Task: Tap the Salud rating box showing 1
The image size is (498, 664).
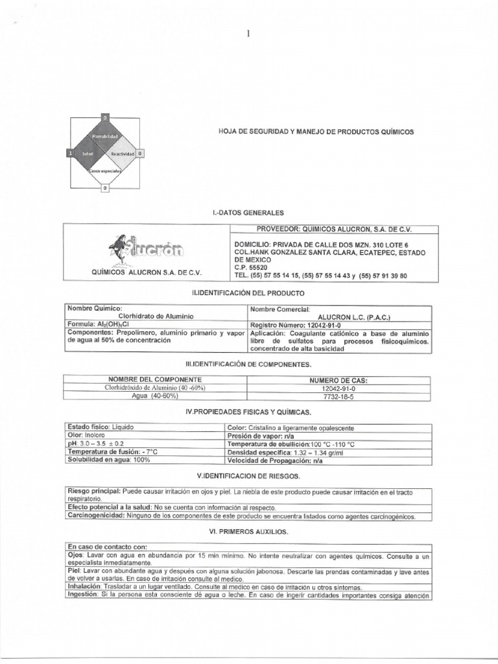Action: pyautogui.click(x=69, y=153)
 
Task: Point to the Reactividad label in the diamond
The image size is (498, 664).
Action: pyautogui.click(x=122, y=154)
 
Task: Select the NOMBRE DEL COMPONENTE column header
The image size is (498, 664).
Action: pyautogui.click(x=155, y=379)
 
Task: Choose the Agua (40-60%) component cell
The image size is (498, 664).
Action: pyautogui.click(x=154, y=396)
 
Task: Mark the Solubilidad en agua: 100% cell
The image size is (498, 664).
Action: pyautogui.click(x=109, y=460)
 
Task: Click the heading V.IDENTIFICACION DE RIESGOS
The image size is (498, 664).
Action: pyautogui.click(x=249, y=475)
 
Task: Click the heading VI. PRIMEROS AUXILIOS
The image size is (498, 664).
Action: pyautogui.click(x=249, y=532)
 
